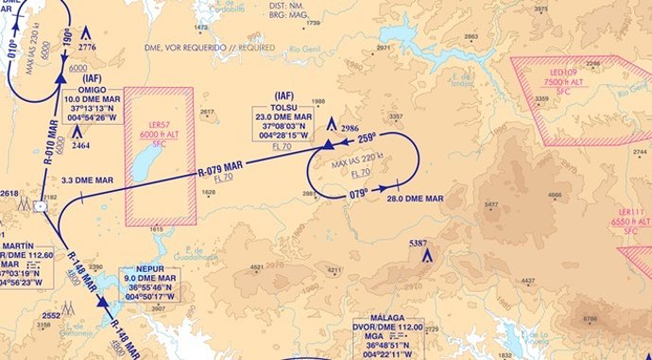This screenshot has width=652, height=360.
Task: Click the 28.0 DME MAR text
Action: pyautogui.click(x=414, y=198)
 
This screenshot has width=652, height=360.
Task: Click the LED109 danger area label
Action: pyautogui.click(x=565, y=72)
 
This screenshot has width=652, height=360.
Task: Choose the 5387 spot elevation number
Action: pyautogui.click(x=419, y=244)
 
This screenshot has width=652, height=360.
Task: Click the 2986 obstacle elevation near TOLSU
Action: pyautogui.click(x=350, y=127)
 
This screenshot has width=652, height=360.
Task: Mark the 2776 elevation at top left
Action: pyautogui.click(x=88, y=46)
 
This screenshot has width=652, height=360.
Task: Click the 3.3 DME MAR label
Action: pyautogui.click(x=88, y=180)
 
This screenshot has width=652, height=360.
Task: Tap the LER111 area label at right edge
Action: pyautogui.click(x=630, y=214)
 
